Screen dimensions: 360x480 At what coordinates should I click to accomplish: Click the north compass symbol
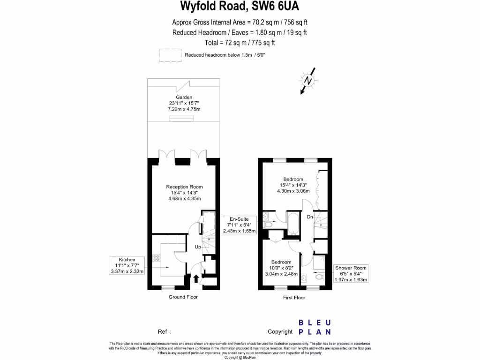[x=308, y=80]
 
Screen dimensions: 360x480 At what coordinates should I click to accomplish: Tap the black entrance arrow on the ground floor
[x=196, y=279]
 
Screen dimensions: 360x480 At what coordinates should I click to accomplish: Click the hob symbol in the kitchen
[x=156, y=257]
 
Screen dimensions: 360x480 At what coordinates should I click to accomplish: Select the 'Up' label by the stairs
[x=198, y=247]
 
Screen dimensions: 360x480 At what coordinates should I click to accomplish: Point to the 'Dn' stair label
[x=310, y=217]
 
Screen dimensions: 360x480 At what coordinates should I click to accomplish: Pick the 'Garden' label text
[x=184, y=97]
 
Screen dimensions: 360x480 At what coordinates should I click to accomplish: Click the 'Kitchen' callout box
[x=127, y=265]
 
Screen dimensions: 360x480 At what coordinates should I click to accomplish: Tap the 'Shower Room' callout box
[x=351, y=274]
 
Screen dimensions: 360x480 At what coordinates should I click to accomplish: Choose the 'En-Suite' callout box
[x=239, y=225]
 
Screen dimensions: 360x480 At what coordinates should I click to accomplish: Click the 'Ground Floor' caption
[x=183, y=297]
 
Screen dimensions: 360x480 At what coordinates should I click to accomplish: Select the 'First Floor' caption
[x=294, y=297]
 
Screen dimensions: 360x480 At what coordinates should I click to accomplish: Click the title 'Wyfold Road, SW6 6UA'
[x=240, y=7]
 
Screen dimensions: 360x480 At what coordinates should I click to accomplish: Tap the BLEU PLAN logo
[x=315, y=327]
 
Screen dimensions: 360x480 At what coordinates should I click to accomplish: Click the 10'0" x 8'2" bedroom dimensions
[x=281, y=268]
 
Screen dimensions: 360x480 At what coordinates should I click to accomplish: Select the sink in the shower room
[x=305, y=277]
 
